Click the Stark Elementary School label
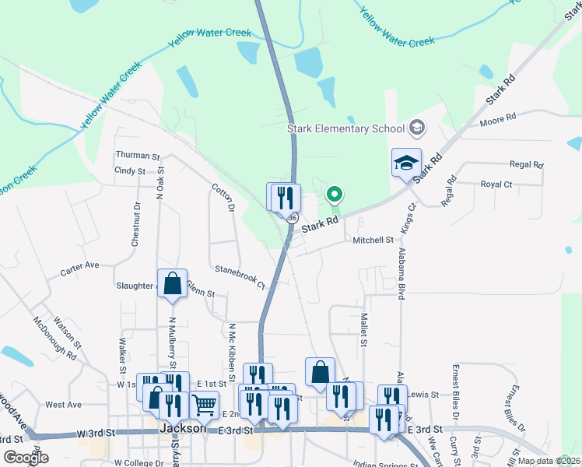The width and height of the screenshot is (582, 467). pos(345,128)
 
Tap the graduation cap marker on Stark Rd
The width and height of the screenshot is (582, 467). pos(406,163)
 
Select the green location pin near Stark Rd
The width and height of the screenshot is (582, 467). pos(335,194)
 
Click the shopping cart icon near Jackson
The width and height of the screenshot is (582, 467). pos(204,404)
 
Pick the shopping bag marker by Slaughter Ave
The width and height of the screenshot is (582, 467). pos(172,285)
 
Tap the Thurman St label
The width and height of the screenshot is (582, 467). pos(137,156)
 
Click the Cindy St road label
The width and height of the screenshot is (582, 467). pos(130,170)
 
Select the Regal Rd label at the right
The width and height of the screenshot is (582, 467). pos(526,165)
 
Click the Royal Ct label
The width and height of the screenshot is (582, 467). pos(496,184)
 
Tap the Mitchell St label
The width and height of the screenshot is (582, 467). pos(373,241)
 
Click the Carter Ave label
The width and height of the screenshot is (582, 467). pos(80,265)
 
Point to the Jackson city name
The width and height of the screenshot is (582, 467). pos(182,429)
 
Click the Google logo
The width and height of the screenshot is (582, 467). pos(25,458)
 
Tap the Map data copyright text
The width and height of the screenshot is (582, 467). pos(548,461)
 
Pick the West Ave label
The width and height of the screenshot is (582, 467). pos(63,405)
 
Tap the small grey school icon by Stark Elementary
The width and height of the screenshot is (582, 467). pos(417,128)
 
